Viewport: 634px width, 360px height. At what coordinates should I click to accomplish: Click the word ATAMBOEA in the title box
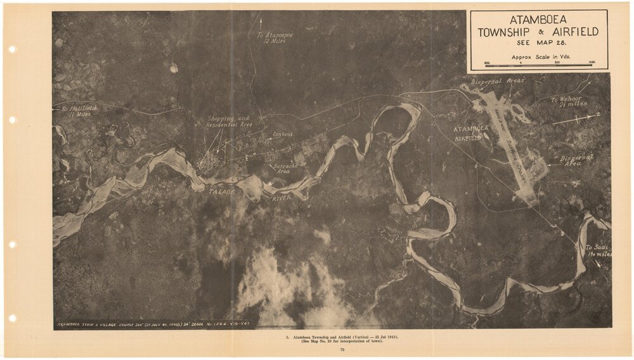click(x=537, y=20)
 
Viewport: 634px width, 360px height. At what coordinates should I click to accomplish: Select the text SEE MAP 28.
click(x=537, y=43)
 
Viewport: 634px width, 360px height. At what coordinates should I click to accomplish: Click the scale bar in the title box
click(x=538, y=65)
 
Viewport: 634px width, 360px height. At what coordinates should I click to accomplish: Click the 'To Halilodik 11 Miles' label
click(x=79, y=111)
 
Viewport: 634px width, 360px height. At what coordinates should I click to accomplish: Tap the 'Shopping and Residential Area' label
click(x=229, y=122)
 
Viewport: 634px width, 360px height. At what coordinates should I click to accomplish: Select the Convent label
click(x=282, y=135)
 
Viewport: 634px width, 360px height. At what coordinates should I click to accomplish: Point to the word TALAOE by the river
click(x=222, y=190)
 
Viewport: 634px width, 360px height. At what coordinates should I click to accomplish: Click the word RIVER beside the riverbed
click(x=282, y=198)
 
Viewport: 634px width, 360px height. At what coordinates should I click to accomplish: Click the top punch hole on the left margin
click(x=12, y=49)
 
